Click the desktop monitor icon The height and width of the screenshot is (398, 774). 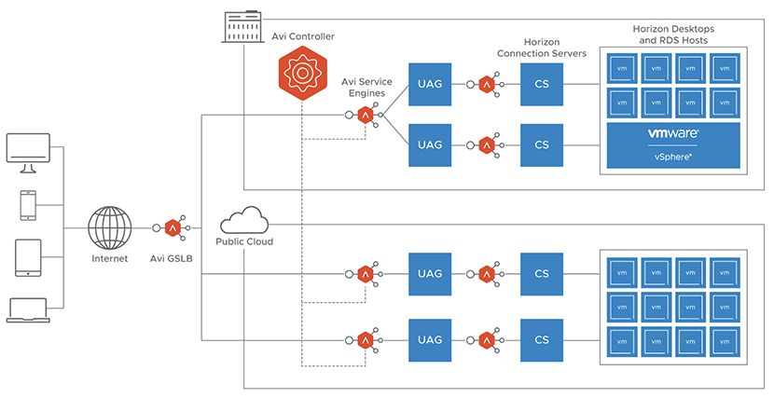coord(28,152)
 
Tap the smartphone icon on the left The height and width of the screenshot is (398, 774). coord(28,205)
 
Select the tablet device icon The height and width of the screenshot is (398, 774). coord(28,257)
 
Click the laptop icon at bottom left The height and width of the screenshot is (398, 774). coord(28,309)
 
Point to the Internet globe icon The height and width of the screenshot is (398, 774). coord(110,227)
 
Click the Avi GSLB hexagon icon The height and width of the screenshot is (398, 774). coord(173,227)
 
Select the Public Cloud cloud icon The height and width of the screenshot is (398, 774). coord(243,222)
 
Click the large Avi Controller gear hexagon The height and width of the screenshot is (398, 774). coord(301,72)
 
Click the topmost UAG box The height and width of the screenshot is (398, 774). coord(430,85)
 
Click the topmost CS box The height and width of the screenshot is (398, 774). coord(542,85)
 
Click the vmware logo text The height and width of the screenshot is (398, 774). coord(673,134)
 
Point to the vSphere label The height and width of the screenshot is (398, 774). coord(673,157)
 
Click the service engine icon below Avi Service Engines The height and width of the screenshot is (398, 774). coord(366,116)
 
